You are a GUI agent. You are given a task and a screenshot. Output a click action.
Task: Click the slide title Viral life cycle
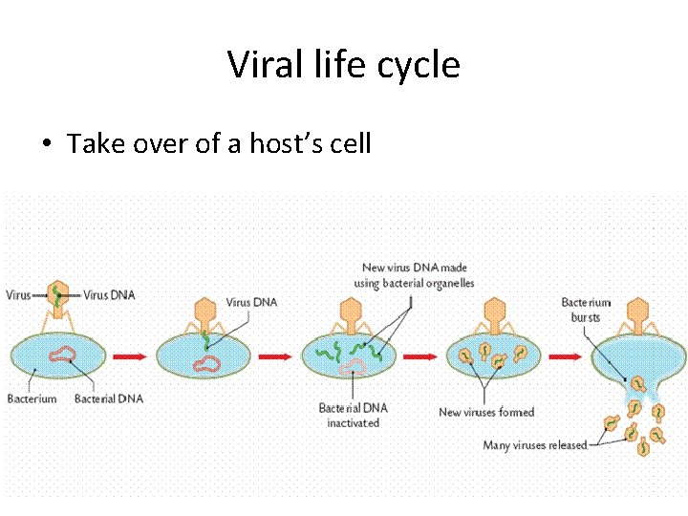coord(344,65)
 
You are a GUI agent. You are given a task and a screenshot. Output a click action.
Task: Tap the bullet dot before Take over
coord(45,145)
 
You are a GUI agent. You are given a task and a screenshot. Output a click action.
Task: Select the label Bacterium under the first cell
coord(32,398)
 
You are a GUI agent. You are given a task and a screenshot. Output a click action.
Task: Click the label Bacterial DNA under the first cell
coord(108,398)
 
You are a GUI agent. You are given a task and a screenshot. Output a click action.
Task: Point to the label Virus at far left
coord(18,295)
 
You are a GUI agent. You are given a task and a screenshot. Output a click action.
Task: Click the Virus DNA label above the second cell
coord(251,303)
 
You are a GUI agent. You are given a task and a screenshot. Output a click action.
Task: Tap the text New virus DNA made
coord(414,268)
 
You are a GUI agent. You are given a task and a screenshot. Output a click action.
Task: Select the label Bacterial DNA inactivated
coord(354,415)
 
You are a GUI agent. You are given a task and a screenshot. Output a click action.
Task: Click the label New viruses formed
coord(485,412)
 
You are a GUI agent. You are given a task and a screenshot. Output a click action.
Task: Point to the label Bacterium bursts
coord(586,310)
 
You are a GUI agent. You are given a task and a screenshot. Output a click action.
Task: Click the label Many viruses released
coord(534,445)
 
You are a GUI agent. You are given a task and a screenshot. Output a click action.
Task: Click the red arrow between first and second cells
coord(130,355)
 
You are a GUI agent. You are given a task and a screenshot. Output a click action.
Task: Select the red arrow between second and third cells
coord(276,355)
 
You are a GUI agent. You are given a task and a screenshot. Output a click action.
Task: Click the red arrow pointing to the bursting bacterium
coord(569,355)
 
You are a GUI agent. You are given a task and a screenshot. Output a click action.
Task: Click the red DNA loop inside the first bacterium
coord(62,355)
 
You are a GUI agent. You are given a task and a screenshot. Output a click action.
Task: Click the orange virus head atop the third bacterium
coord(351,311)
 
